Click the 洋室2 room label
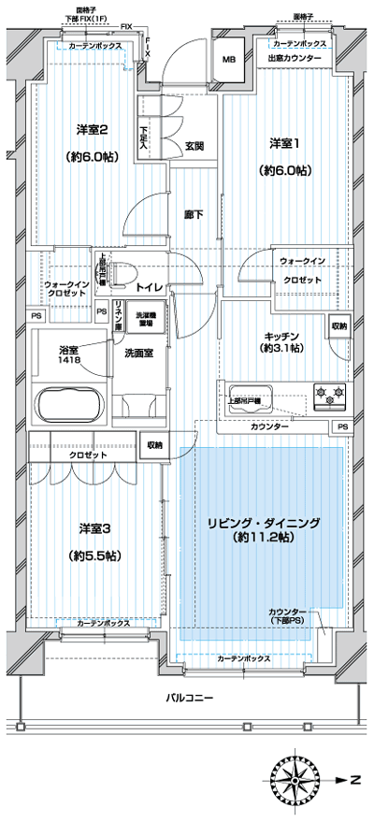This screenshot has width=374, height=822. click(82, 130)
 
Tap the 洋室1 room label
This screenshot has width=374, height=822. click(285, 143)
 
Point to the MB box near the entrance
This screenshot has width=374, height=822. click(228, 61)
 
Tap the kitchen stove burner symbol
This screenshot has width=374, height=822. click(329, 396)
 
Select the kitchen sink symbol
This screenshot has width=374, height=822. click(249, 394)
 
